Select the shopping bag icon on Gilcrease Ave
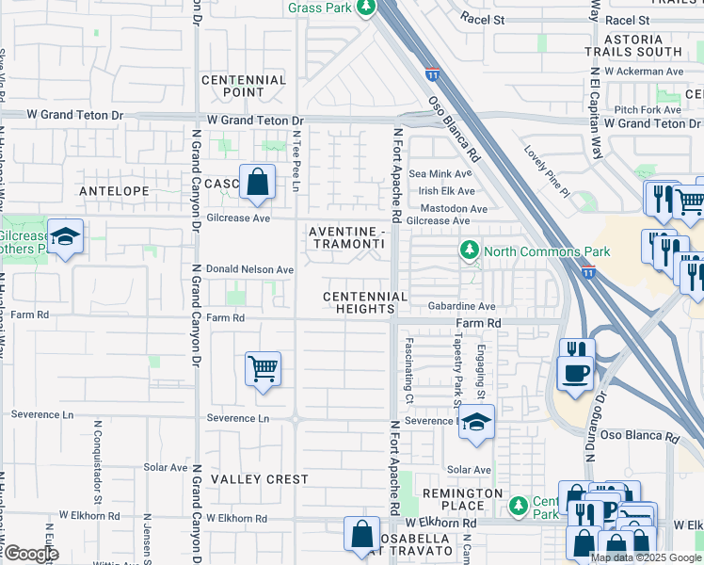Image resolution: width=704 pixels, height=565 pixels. click(257, 183)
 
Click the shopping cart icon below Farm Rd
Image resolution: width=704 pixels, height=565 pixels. click(263, 368)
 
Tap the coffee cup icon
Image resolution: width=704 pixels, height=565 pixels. click(575, 372)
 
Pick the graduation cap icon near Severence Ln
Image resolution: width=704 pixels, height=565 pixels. click(477, 423)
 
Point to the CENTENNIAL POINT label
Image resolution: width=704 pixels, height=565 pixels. click(244, 87)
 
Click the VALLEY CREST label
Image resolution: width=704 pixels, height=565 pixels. click(259, 479)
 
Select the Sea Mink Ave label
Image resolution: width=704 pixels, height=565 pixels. click(440, 174)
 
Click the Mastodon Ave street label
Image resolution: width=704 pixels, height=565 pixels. click(454, 208)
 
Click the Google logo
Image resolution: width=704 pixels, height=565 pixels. click(30, 554)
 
